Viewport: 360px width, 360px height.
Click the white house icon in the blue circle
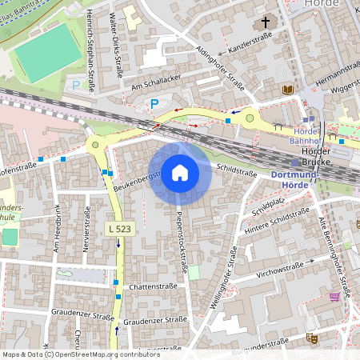[179, 172]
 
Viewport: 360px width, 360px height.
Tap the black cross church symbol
[266, 23]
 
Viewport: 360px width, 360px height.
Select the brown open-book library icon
[288, 90]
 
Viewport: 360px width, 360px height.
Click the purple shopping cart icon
[334, 296]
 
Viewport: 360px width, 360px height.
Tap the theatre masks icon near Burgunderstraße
[314, 339]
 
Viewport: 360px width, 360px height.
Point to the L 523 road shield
[119, 230]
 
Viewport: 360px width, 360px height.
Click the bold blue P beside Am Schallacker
[154, 103]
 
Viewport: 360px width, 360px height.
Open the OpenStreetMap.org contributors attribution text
[107, 354]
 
